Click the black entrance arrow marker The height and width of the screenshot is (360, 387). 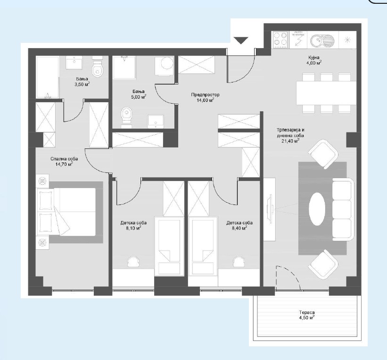point(241,40)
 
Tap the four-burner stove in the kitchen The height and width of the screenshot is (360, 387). point(280,40)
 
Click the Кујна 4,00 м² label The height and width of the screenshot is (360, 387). point(313,60)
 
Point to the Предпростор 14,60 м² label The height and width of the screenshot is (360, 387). point(205,97)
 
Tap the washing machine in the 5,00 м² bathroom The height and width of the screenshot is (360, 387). point(165,66)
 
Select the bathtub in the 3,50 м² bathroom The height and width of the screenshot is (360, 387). point(48,77)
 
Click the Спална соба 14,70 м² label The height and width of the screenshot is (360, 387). point(64,161)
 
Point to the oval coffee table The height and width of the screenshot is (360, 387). point(317,209)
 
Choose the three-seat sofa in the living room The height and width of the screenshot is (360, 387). point(343,210)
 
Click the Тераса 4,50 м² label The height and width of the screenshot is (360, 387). point(307,315)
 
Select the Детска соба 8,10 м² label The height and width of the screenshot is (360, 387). point(133,225)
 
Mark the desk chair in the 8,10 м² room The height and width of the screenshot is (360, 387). point(134,262)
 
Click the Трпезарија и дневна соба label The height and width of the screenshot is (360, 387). point(290,133)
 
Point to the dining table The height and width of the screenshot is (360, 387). point(326,93)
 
